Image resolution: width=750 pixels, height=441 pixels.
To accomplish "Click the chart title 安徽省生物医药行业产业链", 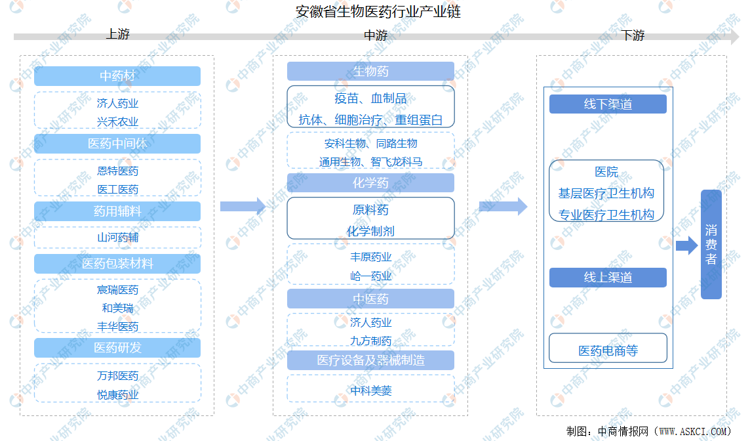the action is click(378, 12).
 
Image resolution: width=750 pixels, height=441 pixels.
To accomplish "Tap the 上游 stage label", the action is click(117, 34).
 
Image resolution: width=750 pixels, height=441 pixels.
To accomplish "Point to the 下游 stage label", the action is click(633, 35).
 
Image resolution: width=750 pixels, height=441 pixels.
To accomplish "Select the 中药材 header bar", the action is click(117, 76).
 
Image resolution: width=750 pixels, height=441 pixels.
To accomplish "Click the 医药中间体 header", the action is click(117, 144).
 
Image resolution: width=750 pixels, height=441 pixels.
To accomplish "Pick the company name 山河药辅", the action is click(117, 238).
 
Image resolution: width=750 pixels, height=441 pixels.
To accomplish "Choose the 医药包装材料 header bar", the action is click(117, 264).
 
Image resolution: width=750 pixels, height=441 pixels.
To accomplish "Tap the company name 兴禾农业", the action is click(117, 122).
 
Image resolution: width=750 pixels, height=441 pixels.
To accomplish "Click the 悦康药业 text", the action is click(117, 395).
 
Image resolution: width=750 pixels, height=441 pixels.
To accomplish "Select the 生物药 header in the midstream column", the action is click(370, 72).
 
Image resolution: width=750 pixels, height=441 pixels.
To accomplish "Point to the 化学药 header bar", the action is click(370, 182).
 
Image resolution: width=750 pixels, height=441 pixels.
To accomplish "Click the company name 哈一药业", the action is click(370, 276).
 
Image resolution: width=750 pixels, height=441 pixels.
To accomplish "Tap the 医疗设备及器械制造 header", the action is click(370, 360).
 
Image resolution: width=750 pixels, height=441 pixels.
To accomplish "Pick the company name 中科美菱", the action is click(370, 390).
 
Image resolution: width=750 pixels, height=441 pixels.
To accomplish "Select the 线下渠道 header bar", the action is click(608, 104).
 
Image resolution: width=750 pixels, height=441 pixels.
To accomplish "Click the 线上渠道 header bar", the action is click(608, 277).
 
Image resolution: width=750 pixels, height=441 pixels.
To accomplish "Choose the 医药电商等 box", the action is click(608, 348).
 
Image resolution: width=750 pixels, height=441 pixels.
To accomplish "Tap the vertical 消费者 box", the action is click(711, 244).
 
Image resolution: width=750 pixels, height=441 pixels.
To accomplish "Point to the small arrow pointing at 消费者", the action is click(687, 245).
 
